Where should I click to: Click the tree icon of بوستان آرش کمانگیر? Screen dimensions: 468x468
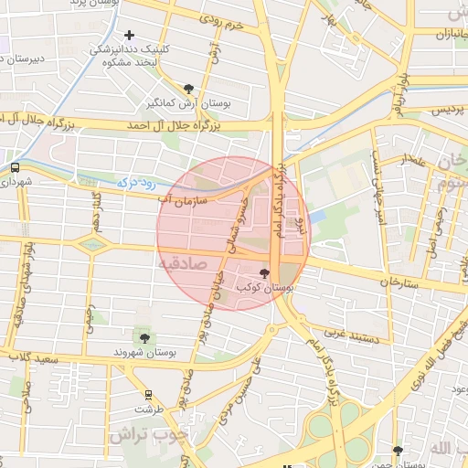[x=188, y=88]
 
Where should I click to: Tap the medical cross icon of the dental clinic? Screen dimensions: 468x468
[x=129, y=35]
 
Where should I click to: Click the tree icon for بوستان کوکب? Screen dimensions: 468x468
[x=265, y=273]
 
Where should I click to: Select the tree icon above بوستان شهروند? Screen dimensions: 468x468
[x=144, y=338]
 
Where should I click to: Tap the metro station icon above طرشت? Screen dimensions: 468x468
[x=148, y=395]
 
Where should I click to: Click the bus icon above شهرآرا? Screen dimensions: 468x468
[x=15, y=167]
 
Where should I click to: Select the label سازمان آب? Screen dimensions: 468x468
[x=184, y=197]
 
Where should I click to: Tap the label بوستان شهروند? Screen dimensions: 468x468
[x=143, y=352]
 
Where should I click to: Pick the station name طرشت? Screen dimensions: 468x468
[x=148, y=410]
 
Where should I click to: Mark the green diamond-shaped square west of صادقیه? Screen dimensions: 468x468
[x=93, y=243]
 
